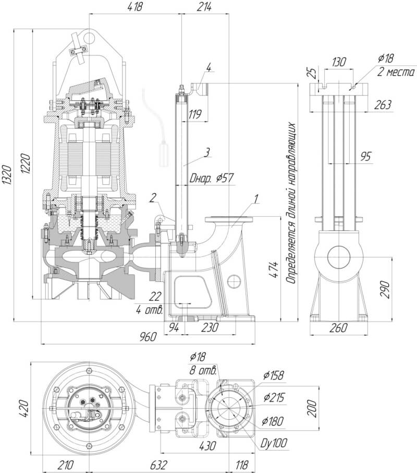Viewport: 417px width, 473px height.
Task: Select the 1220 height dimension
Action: click(x=26, y=163)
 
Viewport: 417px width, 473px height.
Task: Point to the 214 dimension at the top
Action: click(x=205, y=7)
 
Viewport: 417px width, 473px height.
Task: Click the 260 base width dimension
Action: click(x=339, y=328)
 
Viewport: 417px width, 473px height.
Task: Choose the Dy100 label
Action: click(x=274, y=444)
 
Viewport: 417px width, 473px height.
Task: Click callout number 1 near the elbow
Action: click(x=256, y=198)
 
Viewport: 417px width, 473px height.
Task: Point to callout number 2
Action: click(x=153, y=197)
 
